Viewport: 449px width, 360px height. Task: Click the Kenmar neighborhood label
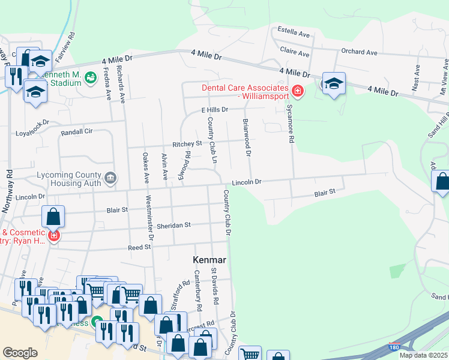click(x=209, y=260)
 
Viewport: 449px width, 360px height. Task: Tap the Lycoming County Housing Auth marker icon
click(x=110, y=178)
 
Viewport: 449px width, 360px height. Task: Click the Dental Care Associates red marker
click(x=297, y=91)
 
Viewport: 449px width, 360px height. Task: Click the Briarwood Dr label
click(x=246, y=136)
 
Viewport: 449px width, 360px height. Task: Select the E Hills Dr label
click(x=215, y=110)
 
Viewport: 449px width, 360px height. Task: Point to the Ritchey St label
click(x=187, y=144)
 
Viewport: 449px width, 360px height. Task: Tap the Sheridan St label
click(x=174, y=225)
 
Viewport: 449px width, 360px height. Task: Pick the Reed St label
click(x=138, y=247)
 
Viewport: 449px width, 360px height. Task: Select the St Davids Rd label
click(x=214, y=286)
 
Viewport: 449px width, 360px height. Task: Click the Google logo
click(x=20, y=353)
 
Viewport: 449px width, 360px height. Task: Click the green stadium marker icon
click(x=90, y=77)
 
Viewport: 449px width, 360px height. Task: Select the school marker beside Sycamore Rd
click(x=333, y=83)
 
